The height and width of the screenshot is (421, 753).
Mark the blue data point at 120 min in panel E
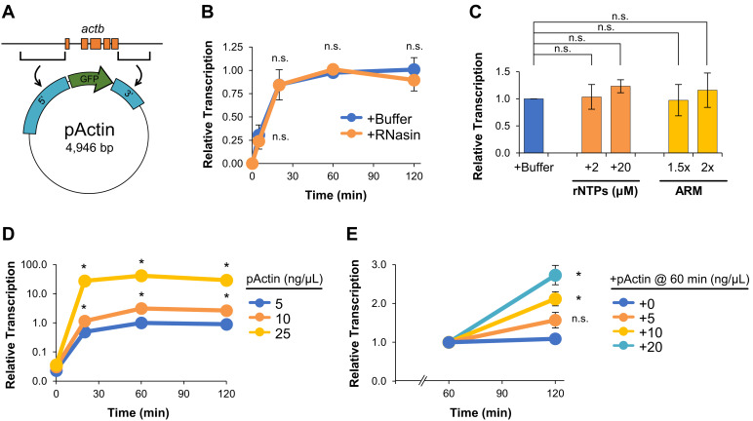pos(554,338)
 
